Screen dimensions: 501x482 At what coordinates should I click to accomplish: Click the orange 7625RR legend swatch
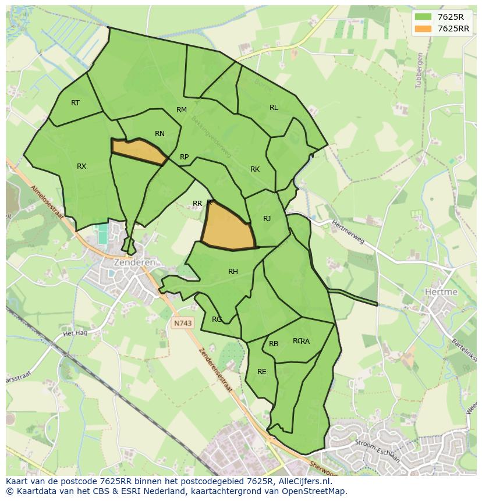tap(423, 29)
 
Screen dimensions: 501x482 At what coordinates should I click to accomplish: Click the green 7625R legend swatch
tap(423, 17)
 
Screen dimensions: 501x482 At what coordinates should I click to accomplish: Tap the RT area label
tap(75, 103)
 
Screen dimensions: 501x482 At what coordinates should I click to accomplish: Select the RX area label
tap(81, 166)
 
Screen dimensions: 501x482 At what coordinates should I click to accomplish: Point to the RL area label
tap(274, 108)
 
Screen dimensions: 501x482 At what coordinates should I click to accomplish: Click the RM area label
tap(182, 110)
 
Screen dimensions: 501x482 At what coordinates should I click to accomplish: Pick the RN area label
tap(160, 134)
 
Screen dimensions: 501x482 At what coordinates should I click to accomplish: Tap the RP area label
tap(184, 157)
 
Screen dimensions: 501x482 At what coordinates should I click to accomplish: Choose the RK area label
tap(255, 169)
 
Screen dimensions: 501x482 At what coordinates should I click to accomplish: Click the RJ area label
tap(267, 219)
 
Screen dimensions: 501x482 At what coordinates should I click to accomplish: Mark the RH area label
tap(233, 272)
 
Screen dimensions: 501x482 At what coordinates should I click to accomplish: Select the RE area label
tap(262, 372)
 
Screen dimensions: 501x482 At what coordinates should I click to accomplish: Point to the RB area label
tap(274, 344)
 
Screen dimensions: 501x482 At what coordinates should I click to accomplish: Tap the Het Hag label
tap(75, 333)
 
